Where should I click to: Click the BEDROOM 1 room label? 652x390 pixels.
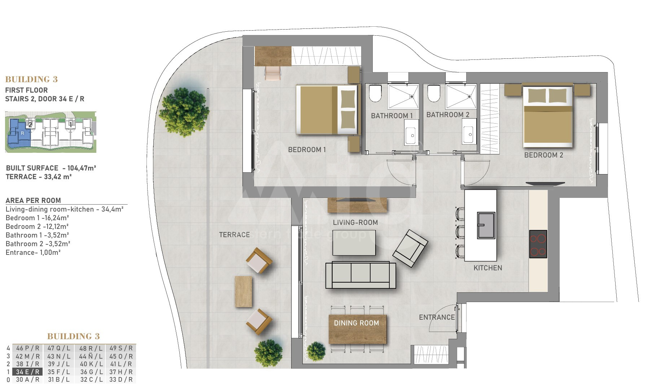click(307, 150)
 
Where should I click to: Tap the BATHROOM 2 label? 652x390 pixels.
click(448, 115)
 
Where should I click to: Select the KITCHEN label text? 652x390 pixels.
click(488, 268)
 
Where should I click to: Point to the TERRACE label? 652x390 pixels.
click(234, 235)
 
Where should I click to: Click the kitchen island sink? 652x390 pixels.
click(486, 225)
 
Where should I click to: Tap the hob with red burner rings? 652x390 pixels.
click(538, 244)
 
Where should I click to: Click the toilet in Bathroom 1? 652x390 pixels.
click(375, 93)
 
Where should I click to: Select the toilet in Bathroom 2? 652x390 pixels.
click(433, 93)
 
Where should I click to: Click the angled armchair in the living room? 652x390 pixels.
click(410, 248)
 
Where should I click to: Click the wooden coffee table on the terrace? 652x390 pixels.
click(244, 292)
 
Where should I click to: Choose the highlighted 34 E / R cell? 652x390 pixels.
click(27, 372)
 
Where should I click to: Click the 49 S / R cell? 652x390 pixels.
click(121, 348)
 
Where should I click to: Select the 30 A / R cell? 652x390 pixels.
click(27, 380)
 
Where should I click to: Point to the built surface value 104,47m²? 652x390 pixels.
click(82, 168)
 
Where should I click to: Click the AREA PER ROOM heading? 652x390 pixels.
click(33, 200)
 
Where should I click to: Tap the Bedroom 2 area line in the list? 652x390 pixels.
click(37, 226)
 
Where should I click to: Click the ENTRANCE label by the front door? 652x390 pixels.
click(437, 317)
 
